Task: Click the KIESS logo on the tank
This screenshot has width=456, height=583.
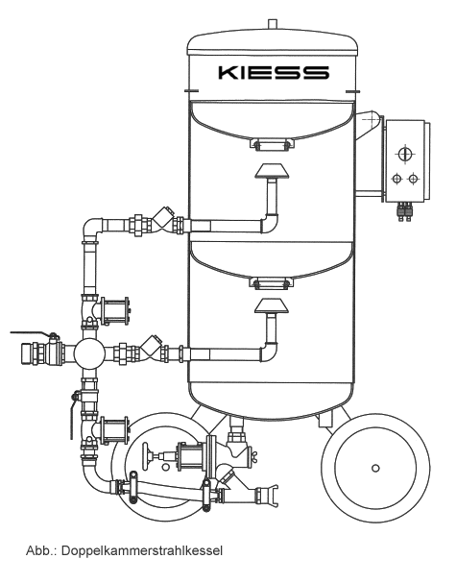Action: point(274,72)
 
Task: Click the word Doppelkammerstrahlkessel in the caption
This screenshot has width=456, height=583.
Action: point(141,550)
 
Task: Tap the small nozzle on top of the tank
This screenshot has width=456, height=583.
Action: point(274,23)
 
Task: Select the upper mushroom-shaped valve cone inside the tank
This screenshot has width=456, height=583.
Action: point(272,171)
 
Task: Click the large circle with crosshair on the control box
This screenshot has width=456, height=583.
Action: point(404,154)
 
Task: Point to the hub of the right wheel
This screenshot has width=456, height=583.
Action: point(375,468)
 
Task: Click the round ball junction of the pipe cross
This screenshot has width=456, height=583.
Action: point(89,353)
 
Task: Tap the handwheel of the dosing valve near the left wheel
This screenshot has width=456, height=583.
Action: point(147,455)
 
